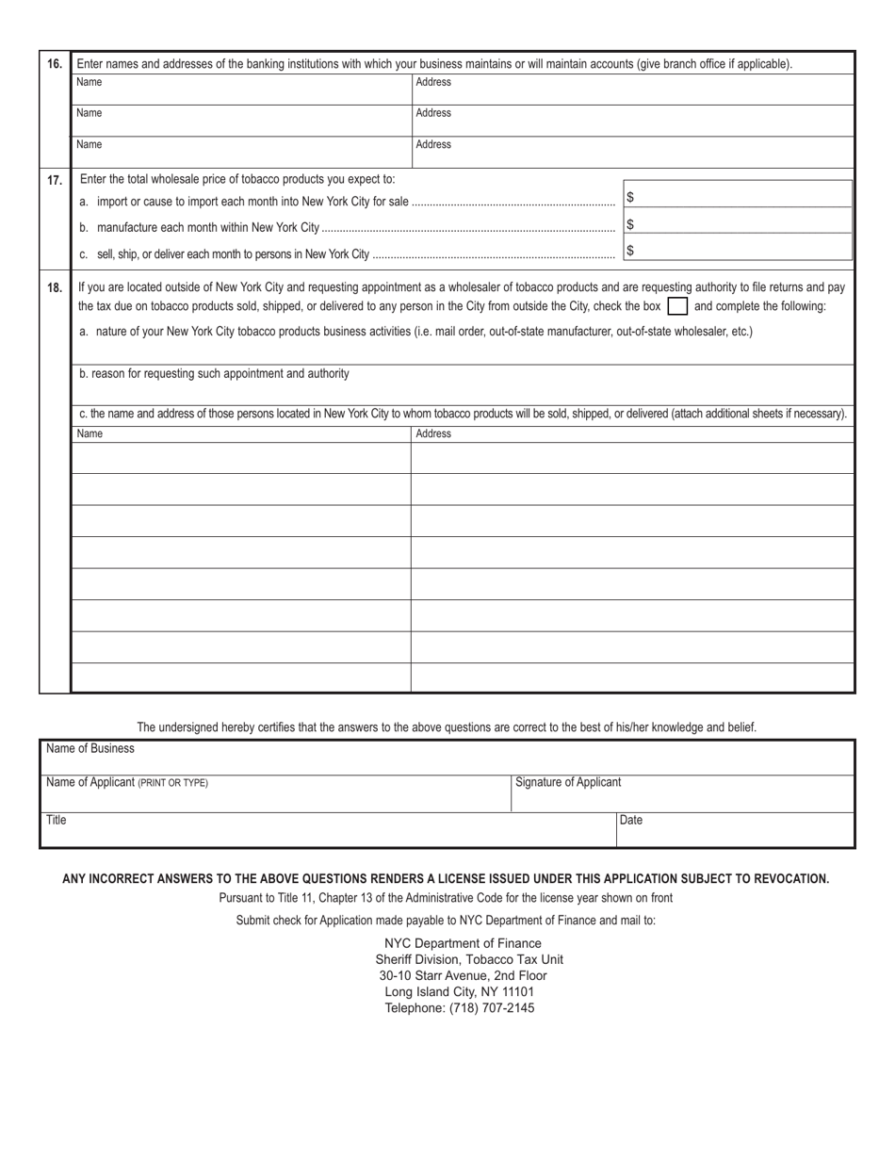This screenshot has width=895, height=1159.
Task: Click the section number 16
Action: tap(55, 65)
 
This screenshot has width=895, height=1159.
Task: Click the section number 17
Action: tap(55, 180)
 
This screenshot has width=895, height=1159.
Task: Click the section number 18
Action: tap(55, 288)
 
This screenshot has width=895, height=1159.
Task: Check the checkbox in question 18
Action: tap(676, 306)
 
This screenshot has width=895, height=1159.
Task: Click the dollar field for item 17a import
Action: tap(738, 198)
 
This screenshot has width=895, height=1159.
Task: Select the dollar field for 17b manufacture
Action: tap(738, 224)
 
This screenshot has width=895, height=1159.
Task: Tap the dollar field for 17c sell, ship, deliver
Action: tap(738, 251)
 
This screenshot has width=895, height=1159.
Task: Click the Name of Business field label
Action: tap(90, 749)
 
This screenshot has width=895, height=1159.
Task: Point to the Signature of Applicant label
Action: tap(568, 782)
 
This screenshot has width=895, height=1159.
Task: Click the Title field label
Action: tap(57, 820)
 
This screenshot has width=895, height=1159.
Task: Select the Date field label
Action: tap(631, 820)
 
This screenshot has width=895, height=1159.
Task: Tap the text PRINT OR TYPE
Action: tap(173, 783)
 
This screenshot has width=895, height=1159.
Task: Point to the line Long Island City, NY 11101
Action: tap(459, 991)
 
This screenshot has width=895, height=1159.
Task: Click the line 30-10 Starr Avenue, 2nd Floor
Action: tap(463, 975)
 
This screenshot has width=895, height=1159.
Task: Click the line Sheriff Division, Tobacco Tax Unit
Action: tap(469, 959)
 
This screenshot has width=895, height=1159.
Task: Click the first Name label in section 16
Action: tap(89, 82)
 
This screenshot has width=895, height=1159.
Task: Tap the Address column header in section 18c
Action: tap(433, 434)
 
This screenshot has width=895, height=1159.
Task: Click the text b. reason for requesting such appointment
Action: tap(214, 374)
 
